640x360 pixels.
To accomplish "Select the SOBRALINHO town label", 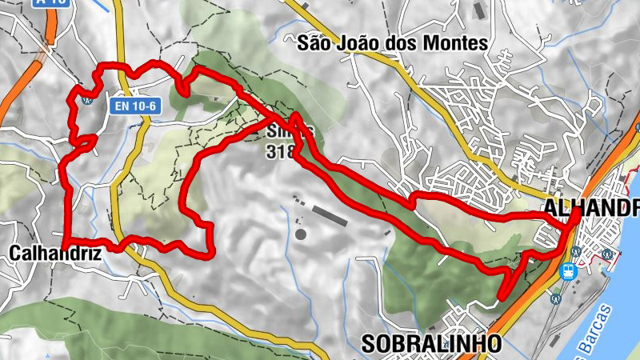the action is tap(432, 344).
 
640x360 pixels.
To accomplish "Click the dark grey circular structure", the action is tap(301, 234).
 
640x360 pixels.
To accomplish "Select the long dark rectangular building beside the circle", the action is tap(330, 214).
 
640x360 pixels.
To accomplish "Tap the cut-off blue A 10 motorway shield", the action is tap(50, 3).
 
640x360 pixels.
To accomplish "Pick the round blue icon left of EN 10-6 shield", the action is tap(87, 100).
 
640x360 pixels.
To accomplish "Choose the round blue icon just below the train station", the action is tap(556, 298).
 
